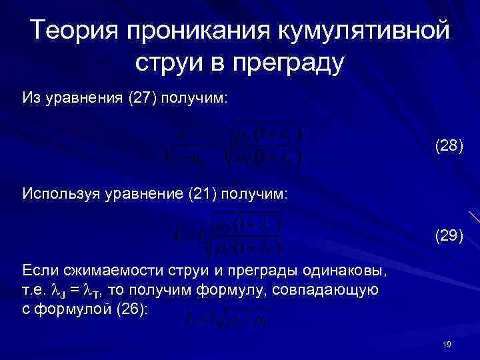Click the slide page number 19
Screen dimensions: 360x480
(x=447, y=343)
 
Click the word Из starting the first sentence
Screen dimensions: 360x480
(x=31, y=98)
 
